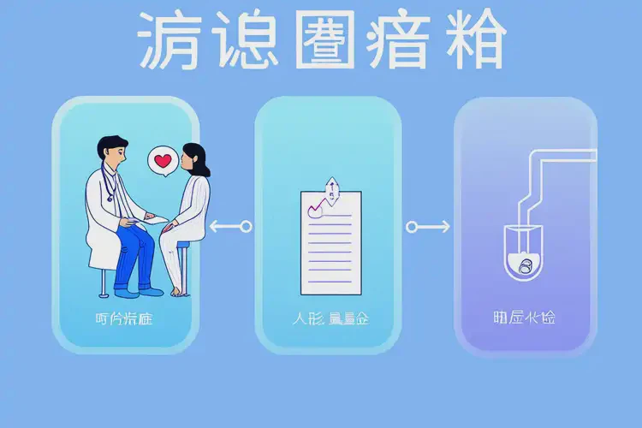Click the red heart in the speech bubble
pyautogui.click(x=163, y=159)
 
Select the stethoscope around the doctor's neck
pyautogui.click(x=110, y=183)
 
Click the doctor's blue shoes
pyautogui.click(x=137, y=291)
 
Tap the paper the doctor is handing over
pyautogui.click(x=158, y=220)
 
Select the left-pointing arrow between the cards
pyautogui.click(x=230, y=227)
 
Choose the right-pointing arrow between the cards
pyautogui.click(x=428, y=227)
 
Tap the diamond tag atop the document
pyautogui.click(x=330, y=185)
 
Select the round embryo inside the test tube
pyautogui.click(x=524, y=267)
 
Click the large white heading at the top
pyautogui.click(x=321, y=40)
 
